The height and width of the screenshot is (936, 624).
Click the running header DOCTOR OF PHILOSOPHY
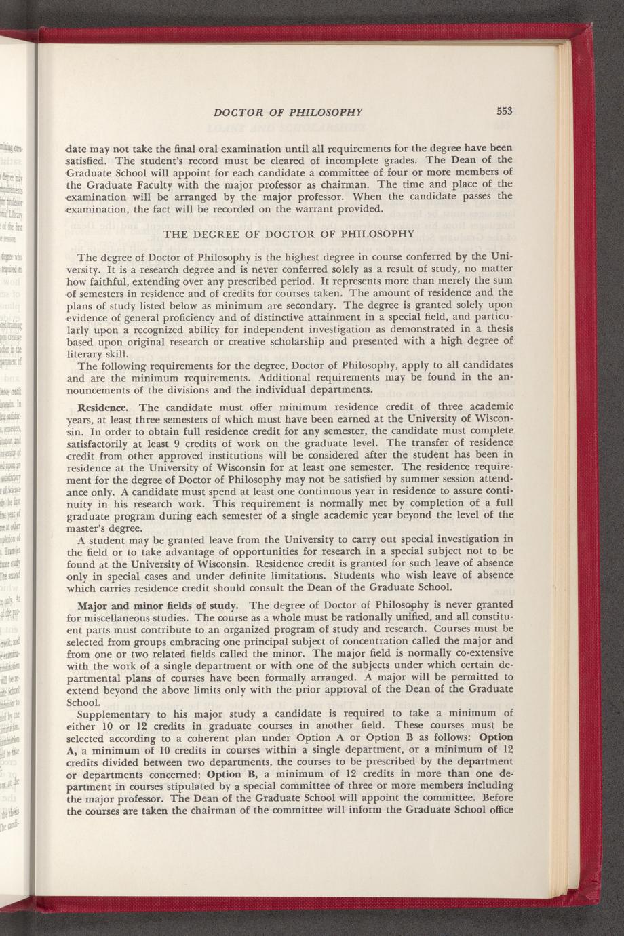(x=288, y=112)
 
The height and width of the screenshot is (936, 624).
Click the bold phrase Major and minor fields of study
(x=158, y=604)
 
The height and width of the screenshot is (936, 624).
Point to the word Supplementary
(x=113, y=714)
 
